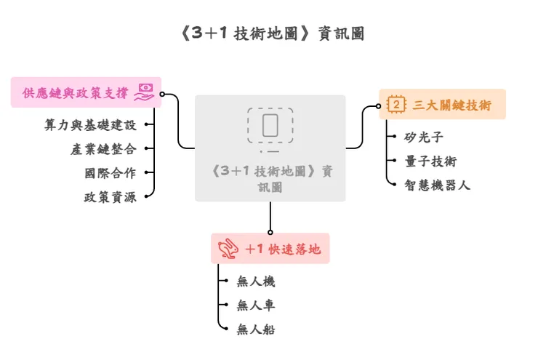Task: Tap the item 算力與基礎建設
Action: tap(89, 124)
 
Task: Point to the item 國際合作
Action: tap(110, 172)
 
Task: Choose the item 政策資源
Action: tap(110, 196)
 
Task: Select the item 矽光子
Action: tap(424, 136)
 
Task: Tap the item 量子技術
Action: tap(431, 161)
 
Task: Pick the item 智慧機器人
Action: tap(438, 185)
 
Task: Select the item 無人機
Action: tap(256, 281)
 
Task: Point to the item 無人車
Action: tap(256, 305)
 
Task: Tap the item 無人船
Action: tap(256, 329)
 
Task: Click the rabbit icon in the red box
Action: tap(228, 249)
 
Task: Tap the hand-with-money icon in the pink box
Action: tap(143, 92)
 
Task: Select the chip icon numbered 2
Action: tap(396, 105)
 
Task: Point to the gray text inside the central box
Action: tap(270, 178)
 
